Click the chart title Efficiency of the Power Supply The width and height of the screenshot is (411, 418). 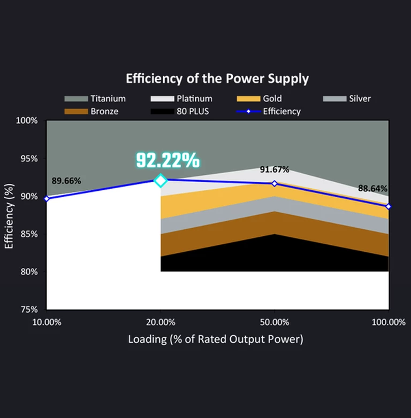coord(217,79)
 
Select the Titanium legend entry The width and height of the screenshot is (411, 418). coord(95,98)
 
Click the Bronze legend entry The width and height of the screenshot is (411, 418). coord(91,111)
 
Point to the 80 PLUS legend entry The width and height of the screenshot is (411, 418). coord(180,111)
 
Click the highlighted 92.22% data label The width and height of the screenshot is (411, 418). coord(168,160)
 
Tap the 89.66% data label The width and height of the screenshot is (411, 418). coord(66,181)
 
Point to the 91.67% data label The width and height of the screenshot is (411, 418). coord(275,169)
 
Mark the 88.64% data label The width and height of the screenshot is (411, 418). coord(373,188)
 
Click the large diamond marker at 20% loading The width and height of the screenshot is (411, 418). coord(161,181)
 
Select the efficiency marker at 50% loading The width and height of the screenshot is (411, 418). coord(275,183)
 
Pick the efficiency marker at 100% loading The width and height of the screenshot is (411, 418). coord(389,206)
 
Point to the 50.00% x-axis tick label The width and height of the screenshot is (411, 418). coord(275,322)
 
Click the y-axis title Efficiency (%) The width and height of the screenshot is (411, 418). coord(9,214)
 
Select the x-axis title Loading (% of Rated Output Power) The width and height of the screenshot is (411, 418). coord(216,339)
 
